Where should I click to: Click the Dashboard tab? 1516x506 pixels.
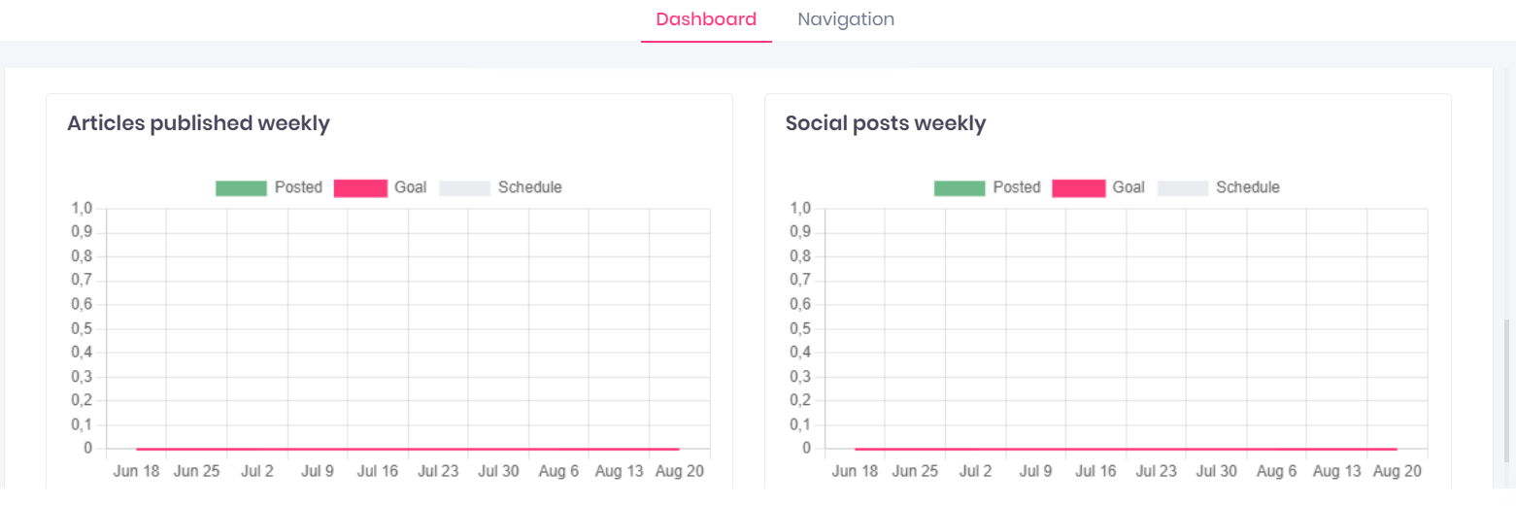click(706, 19)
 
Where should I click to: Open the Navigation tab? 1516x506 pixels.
click(846, 19)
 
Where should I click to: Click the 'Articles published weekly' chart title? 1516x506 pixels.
click(198, 123)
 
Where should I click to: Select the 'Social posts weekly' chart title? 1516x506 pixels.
click(885, 123)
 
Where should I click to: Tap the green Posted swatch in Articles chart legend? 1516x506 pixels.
click(241, 187)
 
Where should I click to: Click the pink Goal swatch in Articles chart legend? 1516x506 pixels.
click(360, 187)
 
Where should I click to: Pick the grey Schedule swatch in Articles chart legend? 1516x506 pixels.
click(464, 187)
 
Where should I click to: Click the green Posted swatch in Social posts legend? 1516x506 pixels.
click(960, 187)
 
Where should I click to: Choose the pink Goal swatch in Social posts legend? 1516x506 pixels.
click(1078, 187)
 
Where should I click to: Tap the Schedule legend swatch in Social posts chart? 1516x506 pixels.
click(1182, 187)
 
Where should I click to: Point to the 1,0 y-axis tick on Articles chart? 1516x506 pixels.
click(82, 209)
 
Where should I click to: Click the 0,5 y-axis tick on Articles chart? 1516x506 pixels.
click(82, 328)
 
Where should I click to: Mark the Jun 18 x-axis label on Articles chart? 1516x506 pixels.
click(136, 471)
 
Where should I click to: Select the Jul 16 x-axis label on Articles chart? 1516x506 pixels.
click(378, 471)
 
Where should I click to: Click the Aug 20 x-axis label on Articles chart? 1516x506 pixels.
click(680, 471)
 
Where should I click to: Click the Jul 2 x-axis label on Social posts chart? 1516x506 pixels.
click(975, 471)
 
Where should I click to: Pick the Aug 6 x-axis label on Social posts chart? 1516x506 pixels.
click(1277, 471)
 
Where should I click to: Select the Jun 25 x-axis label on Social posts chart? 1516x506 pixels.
click(915, 471)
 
